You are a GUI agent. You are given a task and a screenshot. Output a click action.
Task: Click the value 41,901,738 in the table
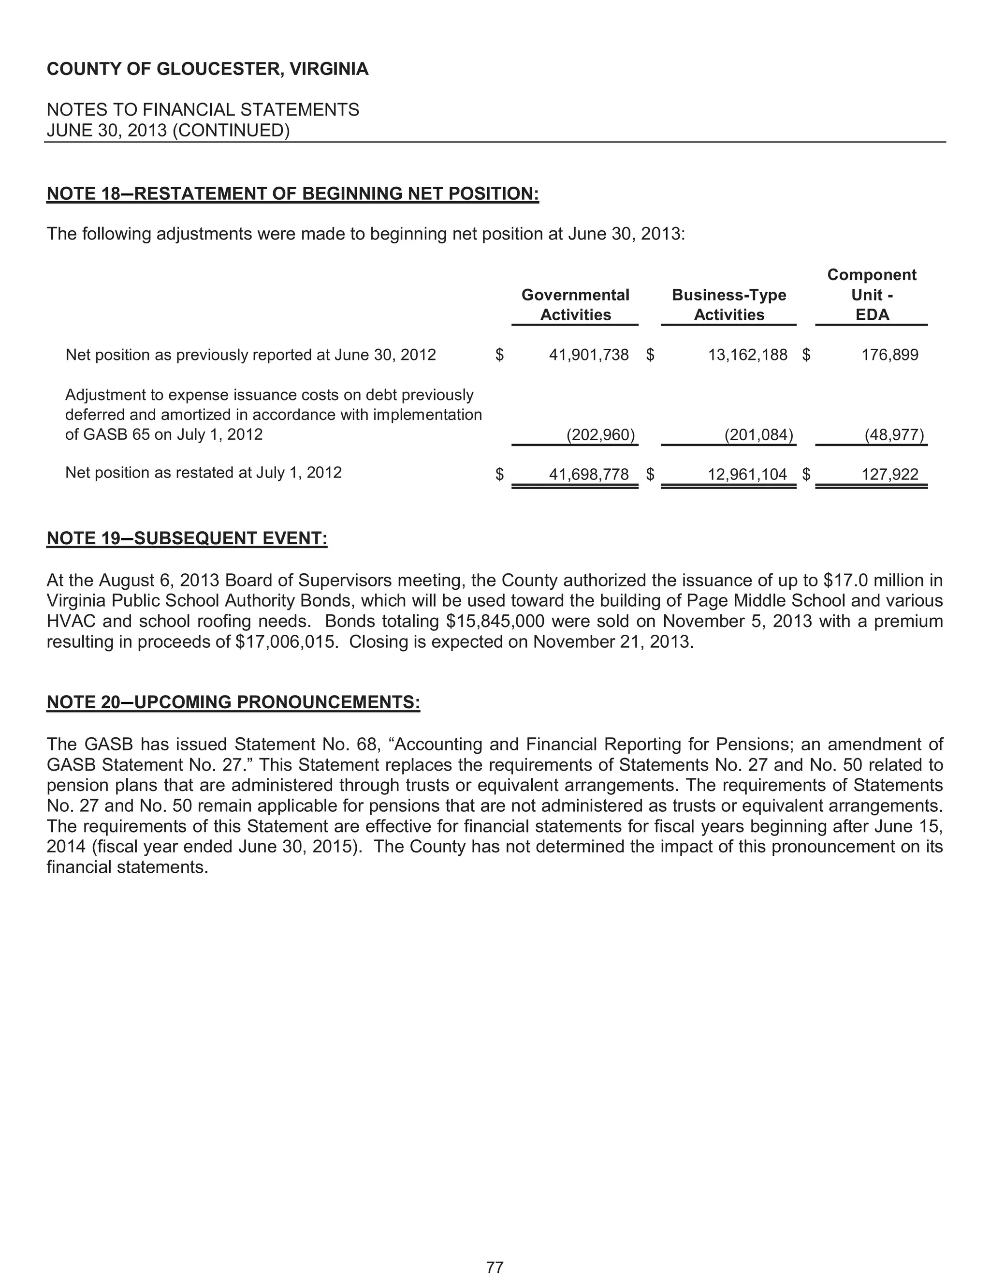click(588, 355)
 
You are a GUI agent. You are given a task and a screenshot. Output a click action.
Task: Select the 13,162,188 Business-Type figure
click(747, 355)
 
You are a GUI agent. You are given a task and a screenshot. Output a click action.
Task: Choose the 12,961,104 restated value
click(747, 474)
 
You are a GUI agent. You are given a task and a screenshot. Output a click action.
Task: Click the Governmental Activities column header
click(575, 305)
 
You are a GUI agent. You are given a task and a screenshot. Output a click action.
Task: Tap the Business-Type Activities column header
click(728, 305)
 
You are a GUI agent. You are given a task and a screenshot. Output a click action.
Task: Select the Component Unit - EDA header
click(872, 295)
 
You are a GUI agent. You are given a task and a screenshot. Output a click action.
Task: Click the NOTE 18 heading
click(292, 194)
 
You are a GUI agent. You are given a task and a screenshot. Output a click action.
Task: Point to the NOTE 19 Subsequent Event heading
click(187, 538)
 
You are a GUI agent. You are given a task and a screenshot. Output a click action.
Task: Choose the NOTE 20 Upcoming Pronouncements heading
click(233, 702)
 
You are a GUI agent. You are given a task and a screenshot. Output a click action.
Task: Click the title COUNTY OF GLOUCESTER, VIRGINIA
click(207, 69)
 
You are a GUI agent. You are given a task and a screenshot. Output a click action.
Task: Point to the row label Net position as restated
click(203, 473)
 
